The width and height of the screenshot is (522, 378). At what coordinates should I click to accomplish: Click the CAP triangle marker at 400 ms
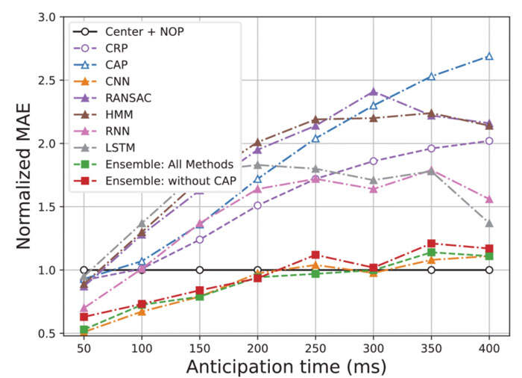point(489,56)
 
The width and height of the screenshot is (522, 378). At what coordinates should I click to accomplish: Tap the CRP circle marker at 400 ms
point(489,140)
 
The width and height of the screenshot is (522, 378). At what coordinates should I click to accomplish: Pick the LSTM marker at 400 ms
point(489,223)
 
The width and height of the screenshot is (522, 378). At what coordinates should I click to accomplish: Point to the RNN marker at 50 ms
point(84,308)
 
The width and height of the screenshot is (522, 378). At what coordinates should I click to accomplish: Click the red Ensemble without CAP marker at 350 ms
point(431,244)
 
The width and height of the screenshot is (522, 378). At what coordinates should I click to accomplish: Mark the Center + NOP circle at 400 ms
point(489,270)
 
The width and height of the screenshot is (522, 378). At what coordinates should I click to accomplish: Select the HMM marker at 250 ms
point(315,120)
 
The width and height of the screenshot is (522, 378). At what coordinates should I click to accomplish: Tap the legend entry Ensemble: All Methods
point(156,164)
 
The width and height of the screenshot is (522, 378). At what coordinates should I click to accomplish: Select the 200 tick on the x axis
point(257,347)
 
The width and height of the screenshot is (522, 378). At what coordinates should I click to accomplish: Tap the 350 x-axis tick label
point(431,347)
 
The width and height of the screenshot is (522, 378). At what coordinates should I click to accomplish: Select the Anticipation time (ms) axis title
point(287,367)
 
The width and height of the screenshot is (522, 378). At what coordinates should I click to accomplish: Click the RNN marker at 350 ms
point(431,170)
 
